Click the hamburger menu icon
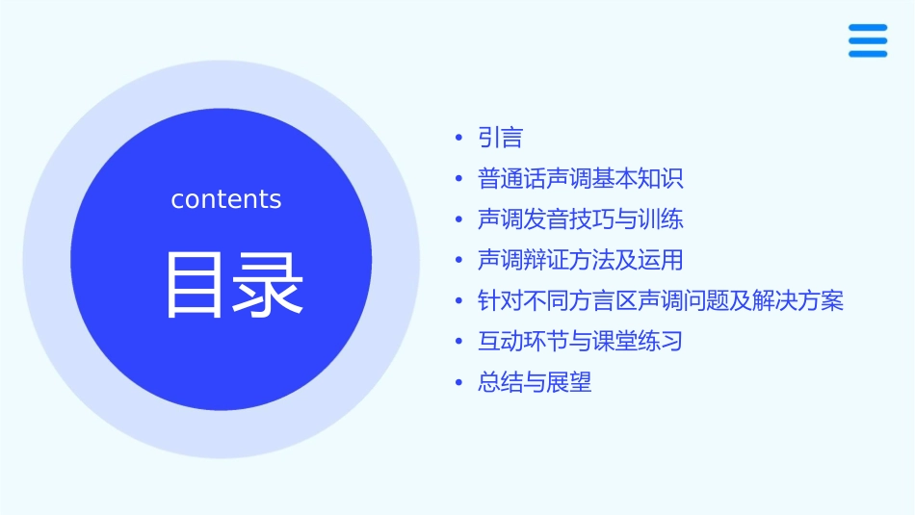point(868,41)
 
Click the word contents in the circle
point(226,199)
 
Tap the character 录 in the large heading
point(270,285)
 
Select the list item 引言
point(500,139)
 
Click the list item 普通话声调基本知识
point(580,179)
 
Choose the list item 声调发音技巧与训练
point(580,219)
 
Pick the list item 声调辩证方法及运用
point(580,260)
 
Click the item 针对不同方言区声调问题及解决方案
point(661,301)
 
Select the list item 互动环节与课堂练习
point(580,342)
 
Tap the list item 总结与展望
point(535,382)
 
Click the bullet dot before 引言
point(459,140)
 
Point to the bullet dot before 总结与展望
point(459,383)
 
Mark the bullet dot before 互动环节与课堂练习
point(459,343)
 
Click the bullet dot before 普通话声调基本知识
point(459,180)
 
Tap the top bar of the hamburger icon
point(868,28)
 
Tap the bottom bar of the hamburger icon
point(868,54)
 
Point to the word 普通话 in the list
point(511,179)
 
